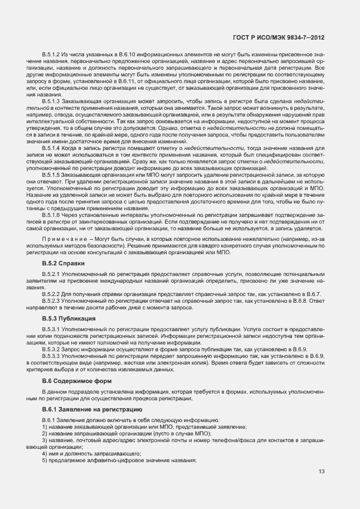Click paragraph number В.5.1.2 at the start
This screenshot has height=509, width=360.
coord(52,54)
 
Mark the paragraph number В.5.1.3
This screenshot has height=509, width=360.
coord(52,101)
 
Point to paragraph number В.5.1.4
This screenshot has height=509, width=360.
coord(52,148)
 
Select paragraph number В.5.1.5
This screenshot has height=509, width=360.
coord(52,174)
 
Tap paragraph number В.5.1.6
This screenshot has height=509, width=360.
coord(52,215)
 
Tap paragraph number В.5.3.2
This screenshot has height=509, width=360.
coord(52,348)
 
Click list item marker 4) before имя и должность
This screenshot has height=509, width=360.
coord(45,453)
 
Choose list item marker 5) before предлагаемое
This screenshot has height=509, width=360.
coord(45,460)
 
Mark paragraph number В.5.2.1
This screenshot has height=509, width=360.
coord(52,275)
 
